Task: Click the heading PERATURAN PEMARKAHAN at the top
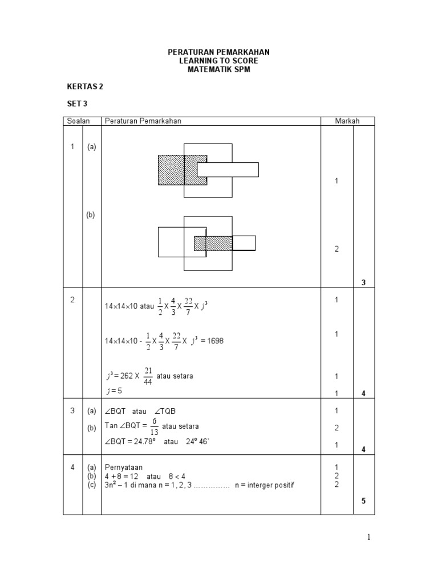pyautogui.click(x=218, y=52)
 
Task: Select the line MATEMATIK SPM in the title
pyautogui.click(x=218, y=69)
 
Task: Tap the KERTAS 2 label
pyautogui.click(x=85, y=87)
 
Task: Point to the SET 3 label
pyautogui.click(x=77, y=104)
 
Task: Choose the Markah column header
pyautogui.click(x=343, y=121)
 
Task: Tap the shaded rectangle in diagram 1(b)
pyautogui.click(x=213, y=244)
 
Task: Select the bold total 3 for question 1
pyautogui.click(x=363, y=282)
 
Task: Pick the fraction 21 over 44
pyautogui.click(x=148, y=376)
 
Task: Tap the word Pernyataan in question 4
pyautogui.click(x=124, y=467)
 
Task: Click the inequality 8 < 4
pyautogui.click(x=180, y=476)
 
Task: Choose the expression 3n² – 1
pyautogui.click(x=118, y=485)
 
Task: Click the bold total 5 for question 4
pyautogui.click(x=363, y=501)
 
